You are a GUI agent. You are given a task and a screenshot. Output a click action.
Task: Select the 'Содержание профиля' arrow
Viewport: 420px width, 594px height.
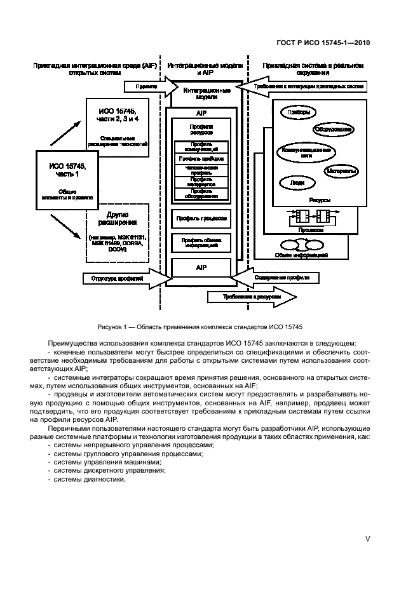pyautogui.click(x=280, y=278)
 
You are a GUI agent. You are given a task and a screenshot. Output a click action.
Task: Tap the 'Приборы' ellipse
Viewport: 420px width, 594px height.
pyautogui.click(x=299, y=112)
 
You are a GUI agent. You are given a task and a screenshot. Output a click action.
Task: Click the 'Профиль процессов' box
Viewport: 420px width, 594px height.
pyautogui.click(x=200, y=218)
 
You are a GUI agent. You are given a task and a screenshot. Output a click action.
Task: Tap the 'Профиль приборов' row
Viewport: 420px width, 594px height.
pyautogui.click(x=200, y=158)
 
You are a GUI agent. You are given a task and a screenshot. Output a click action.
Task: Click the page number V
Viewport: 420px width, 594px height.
pyautogui.click(x=367, y=538)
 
